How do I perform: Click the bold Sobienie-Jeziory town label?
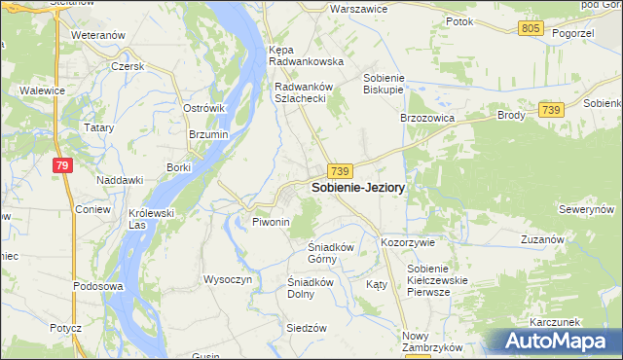(x=358, y=187)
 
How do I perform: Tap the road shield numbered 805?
(x=531, y=28)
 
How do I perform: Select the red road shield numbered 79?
(x=62, y=166)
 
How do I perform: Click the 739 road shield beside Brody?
(x=552, y=111)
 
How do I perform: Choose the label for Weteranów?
(x=99, y=35)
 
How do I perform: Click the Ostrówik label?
(x=204, y=108)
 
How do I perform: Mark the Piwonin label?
(x=272, y=223)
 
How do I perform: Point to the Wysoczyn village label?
(x=228, y=279)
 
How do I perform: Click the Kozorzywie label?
(x=408, y=242)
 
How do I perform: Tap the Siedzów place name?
(x=306, y=328)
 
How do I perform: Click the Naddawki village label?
(x=120, y=180)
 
